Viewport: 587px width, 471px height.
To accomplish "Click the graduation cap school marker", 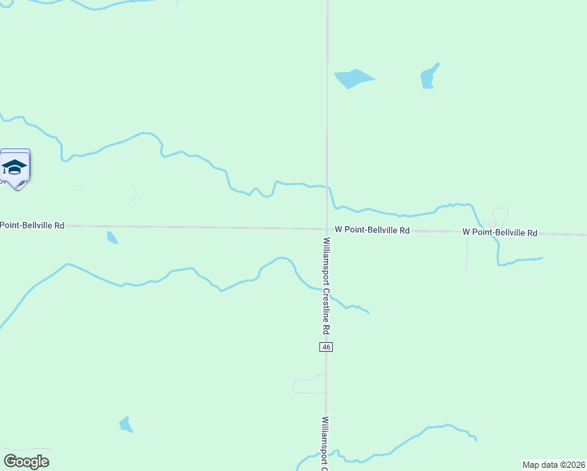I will coord(15,168).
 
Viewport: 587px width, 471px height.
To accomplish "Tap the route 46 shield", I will coord(326,347).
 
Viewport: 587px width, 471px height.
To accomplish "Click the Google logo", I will coord(26,462).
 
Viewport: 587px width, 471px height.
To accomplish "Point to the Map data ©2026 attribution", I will coord(554,465).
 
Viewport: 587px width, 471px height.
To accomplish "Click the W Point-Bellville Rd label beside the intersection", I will coord(372,231).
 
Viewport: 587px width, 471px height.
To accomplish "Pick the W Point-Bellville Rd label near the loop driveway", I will coord(500,233).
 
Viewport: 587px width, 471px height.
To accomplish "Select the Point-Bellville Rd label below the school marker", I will coord(32,225).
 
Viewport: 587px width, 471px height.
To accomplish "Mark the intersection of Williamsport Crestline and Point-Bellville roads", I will coord(327,229).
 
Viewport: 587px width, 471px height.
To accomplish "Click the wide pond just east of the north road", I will coord(352,78).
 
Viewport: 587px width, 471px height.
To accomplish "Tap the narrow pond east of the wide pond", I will coord(428,76).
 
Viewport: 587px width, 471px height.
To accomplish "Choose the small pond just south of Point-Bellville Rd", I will coord(112,237).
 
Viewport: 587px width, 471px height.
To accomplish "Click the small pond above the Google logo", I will coord(126,425).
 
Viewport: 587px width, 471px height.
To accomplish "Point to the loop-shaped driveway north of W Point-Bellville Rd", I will coord(499,216).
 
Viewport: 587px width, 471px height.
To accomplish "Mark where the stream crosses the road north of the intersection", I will coord(328,188).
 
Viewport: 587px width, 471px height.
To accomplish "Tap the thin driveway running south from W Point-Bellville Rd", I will coord(467,251).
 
